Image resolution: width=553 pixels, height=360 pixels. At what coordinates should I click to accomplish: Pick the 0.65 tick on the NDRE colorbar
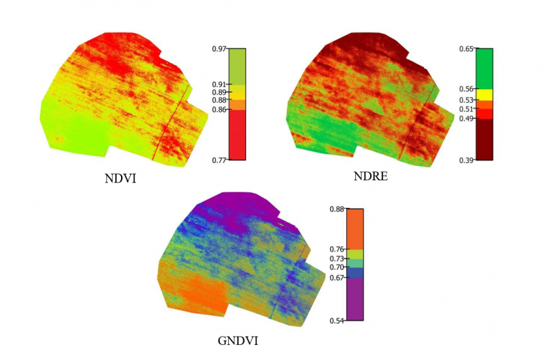click(466, 48)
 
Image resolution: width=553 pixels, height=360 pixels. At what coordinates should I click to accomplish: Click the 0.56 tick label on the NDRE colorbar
click(466, 89)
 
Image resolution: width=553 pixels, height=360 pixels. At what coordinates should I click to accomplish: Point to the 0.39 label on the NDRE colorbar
click(466, 160)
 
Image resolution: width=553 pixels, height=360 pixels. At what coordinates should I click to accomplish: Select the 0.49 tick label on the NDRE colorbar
click(466, 119)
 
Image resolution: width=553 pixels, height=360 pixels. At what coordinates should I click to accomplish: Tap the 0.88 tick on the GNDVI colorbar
click(336, 209)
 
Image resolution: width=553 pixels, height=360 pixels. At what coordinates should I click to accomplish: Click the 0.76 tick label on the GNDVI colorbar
click(336, 249)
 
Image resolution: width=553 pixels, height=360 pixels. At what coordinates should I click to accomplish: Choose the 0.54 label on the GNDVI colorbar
click(336, 321)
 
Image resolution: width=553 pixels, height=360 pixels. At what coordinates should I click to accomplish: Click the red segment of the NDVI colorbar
click(237, 135)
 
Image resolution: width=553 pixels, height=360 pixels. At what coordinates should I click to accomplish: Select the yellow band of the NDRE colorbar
click(484, 95)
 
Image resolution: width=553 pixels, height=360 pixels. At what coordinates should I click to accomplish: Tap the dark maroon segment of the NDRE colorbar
click(484, 140)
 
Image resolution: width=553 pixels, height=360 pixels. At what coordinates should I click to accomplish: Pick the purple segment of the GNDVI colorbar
click(355, 299)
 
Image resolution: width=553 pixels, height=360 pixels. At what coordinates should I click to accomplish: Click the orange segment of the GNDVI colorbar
click(355, 229)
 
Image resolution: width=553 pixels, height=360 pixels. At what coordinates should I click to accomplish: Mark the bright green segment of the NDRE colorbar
click(484, 68)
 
